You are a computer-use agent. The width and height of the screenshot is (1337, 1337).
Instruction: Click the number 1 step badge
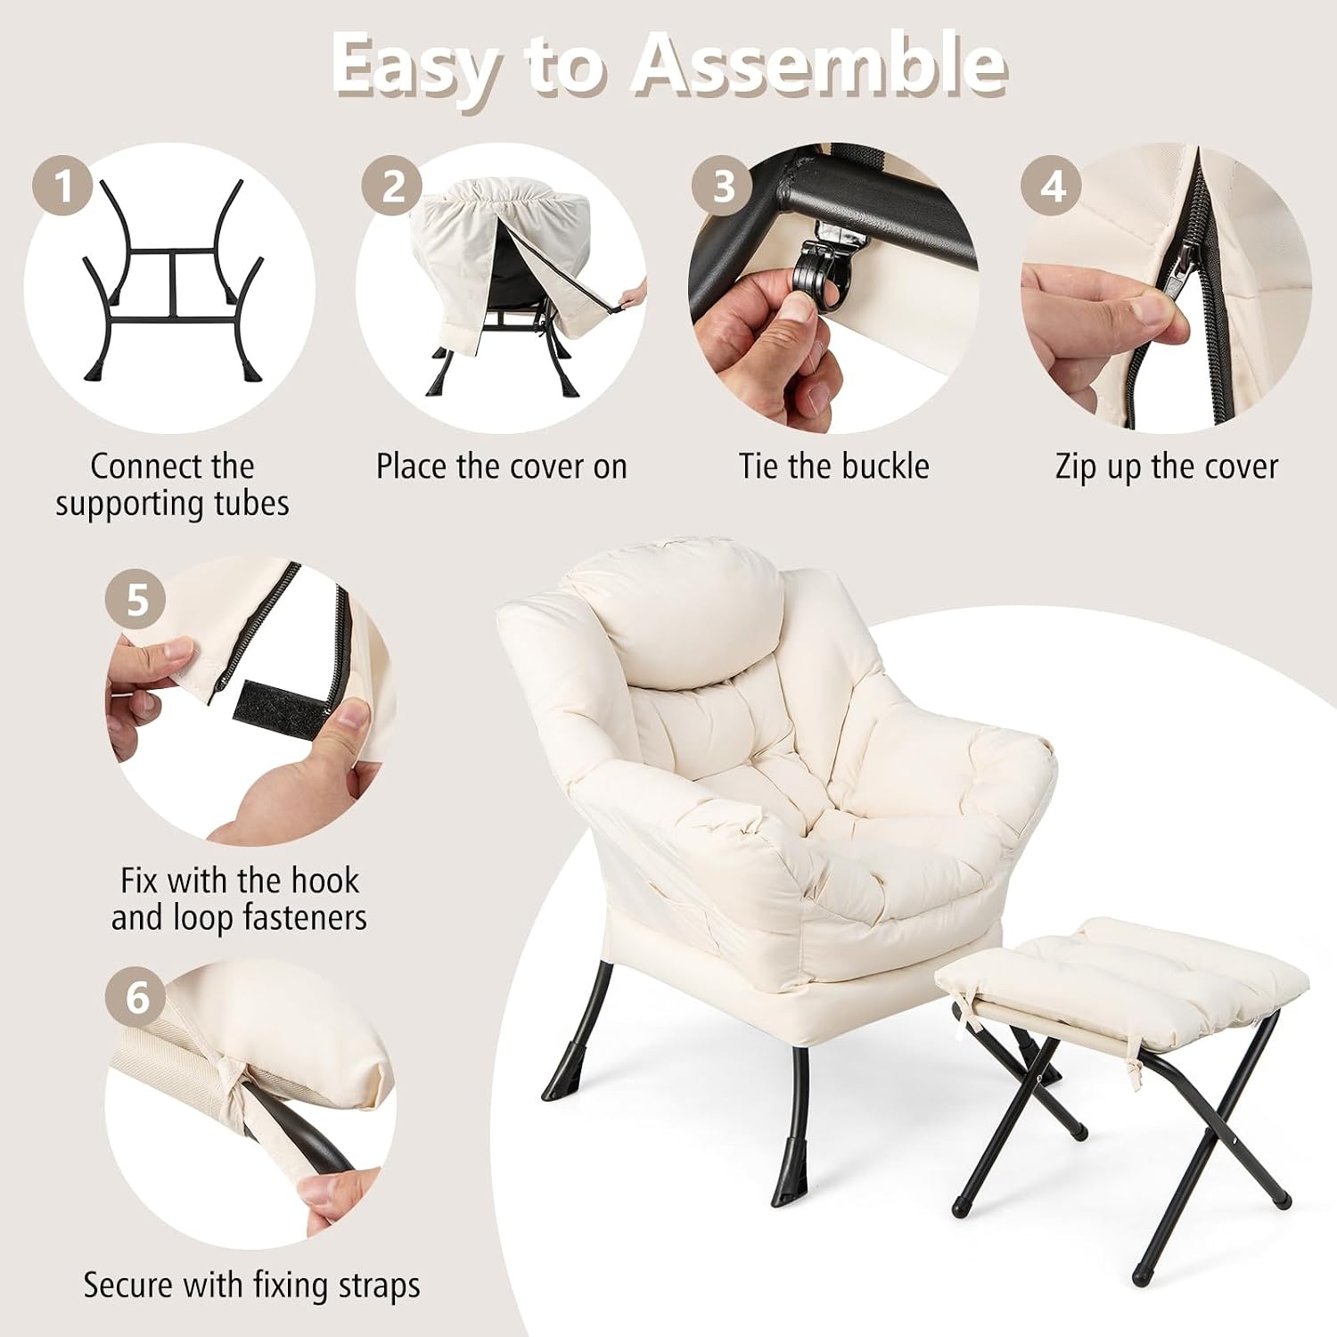point(62,187)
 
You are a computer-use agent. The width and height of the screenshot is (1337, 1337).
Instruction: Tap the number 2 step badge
point(392,187)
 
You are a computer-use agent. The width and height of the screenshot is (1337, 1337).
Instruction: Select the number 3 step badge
point(723,187)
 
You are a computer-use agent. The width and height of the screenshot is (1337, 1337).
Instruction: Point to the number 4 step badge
point(1052,187)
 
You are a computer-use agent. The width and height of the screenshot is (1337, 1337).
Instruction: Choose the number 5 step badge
point(136,600)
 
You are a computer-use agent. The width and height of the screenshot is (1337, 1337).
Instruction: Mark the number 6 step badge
point(136,997)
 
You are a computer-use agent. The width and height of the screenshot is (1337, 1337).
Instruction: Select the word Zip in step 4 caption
point(1077,467)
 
